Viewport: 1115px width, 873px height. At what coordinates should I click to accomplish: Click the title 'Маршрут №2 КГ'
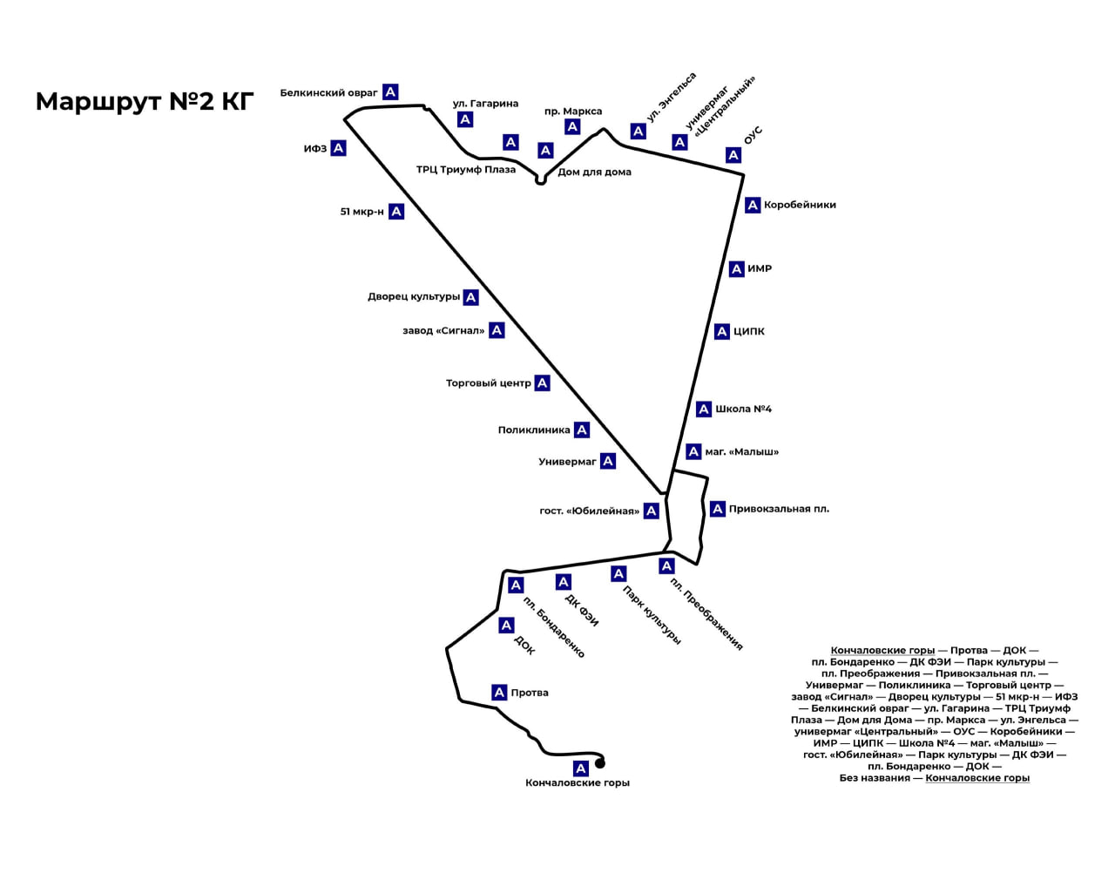[145, 101]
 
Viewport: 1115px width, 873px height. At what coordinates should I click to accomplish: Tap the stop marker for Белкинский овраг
[390, 91]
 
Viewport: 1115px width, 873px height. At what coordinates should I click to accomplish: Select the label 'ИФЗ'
[314, 149]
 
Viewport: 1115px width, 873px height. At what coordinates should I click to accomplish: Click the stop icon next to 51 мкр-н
[396, 211]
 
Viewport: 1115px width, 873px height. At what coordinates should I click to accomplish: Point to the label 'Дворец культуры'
[413, 297]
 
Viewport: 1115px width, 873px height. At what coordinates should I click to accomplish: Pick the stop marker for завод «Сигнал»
[497, 330]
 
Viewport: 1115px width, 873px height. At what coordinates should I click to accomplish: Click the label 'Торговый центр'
[488, 383]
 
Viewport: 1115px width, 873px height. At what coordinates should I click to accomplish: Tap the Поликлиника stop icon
[582, 430]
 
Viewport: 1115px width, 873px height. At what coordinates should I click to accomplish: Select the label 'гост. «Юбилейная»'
[589, 511]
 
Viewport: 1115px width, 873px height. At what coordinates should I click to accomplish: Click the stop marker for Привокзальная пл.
[718, 509]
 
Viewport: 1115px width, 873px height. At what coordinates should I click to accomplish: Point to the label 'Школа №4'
[743, 409]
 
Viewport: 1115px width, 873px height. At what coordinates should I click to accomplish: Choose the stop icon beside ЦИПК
[721, 332]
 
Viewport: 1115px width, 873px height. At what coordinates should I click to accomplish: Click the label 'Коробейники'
[800, 206]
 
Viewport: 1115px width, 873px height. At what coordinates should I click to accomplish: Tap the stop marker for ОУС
[733, 155]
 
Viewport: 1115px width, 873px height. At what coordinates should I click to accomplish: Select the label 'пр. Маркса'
[572, 112]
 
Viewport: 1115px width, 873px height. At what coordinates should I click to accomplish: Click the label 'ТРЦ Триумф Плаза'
[465, 170]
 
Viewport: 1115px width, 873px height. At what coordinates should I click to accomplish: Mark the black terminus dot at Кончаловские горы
[600, 764]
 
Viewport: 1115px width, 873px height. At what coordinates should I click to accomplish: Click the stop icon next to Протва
[499, 693]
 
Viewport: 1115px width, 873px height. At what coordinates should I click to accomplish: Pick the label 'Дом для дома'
[594, 173]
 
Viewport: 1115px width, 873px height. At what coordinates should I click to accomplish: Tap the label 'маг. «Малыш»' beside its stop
[741, 452]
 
